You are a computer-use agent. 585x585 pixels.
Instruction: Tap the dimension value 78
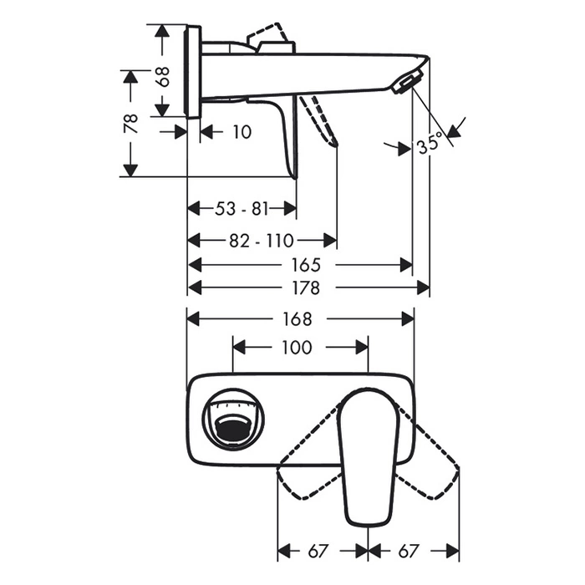coord(131,124)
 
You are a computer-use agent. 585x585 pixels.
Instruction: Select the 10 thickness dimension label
coord(242,132)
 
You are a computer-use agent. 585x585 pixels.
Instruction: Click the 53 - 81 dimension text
coord(242,209)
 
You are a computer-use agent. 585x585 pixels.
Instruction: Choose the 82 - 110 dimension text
coord(262,241)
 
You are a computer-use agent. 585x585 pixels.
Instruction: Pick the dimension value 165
coord(306,265)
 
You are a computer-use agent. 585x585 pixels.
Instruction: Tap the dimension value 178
coord(306,287)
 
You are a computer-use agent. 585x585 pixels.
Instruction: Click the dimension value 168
coord(297,319)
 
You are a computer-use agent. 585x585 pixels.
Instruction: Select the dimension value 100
coord(297,348)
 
